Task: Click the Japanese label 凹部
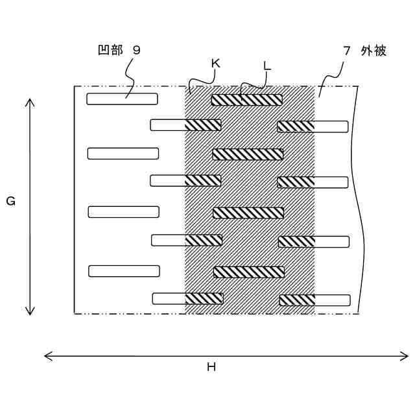pos(108,51)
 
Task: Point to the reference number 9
pos(136,51)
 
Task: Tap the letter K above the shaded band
pos(215,63)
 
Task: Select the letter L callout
pos(267,65)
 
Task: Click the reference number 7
pos(347,51)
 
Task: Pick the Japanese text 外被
pos(373,51)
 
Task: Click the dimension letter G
pos(10,202)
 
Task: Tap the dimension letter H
pos(211,367)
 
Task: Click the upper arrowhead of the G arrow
pos(29,101)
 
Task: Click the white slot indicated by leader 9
pos(122,99)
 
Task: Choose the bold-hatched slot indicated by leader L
pos(247,100)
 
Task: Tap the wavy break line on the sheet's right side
pos(358,201)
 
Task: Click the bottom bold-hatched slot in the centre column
pos(248,272)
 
